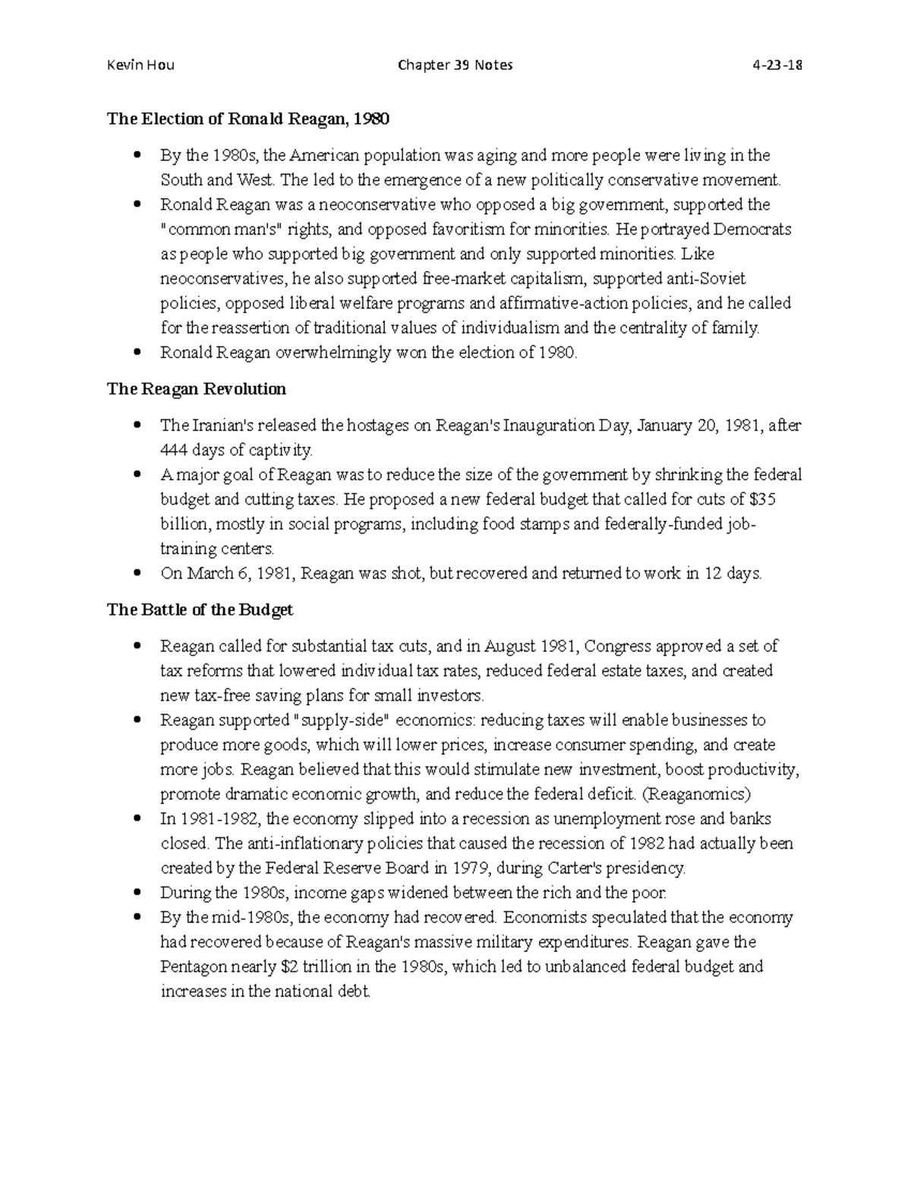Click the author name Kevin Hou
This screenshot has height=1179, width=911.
pos(140,65)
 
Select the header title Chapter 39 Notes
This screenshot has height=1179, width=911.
pos(455,65)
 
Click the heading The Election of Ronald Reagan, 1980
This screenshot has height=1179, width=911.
pos(247,118)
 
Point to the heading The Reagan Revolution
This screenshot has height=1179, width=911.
pos(197,389)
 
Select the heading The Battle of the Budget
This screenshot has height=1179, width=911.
pos(200,610)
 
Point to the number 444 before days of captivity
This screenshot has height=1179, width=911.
pos(173,451)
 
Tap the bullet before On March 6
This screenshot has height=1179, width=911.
pos(137,574)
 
